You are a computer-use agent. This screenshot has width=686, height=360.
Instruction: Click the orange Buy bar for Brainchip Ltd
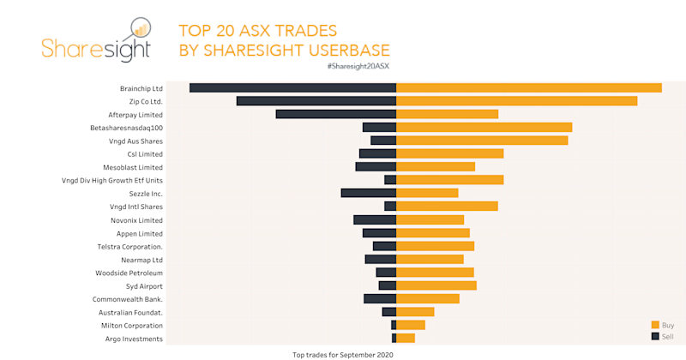pos(528,87)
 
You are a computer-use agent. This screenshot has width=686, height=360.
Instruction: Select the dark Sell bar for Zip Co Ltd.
pos(316,101)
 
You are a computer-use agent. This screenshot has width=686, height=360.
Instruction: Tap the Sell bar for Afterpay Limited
pos(335,114)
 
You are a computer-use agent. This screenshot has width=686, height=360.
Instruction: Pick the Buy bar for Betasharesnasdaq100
pos(484,127)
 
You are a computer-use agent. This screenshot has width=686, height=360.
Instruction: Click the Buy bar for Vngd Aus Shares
pos(481,141)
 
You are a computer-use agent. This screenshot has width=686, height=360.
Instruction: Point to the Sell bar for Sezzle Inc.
pos(368,193)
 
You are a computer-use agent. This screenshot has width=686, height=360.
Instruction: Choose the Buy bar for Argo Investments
pos(405,339)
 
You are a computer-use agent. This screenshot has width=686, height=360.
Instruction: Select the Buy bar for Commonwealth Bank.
pos(427,298)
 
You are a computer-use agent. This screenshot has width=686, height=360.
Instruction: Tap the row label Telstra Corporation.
pos(130,246)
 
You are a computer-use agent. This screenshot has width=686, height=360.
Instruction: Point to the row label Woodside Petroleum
pos(129,273)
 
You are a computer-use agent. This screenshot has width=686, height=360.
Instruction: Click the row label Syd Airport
pos(144,285)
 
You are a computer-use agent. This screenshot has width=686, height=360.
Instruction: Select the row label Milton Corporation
pos(131,326)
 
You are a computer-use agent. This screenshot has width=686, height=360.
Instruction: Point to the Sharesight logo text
pos(96,49)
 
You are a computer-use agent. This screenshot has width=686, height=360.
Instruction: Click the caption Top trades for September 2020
pos(342,354)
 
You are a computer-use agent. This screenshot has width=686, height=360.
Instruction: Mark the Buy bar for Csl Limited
pos(449,153)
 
